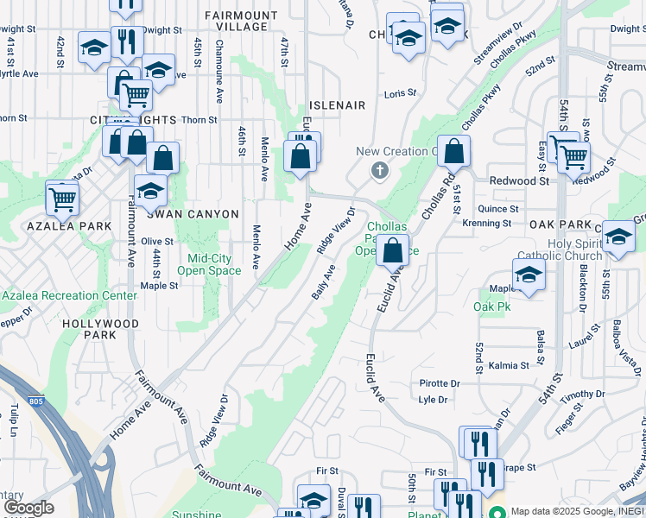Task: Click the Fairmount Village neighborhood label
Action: (x=241, y=22)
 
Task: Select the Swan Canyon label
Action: (x=198, y=214)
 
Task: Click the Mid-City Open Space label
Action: (x=209, y=264)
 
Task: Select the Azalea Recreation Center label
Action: (x=69, y=295)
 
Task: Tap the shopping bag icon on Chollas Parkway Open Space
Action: (x=393, y=250)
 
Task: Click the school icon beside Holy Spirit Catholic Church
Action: (x=529, y=275)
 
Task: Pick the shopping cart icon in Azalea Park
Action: (x=62, y=198)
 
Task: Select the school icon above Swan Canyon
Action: (x=150, y=190)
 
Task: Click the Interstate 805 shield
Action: (x=35, y=401)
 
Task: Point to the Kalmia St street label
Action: (x=510, y=365)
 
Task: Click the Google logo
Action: (x=28, y=508)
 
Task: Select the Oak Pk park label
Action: (x=492, y=306)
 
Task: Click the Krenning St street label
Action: (x=487, y=224)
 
